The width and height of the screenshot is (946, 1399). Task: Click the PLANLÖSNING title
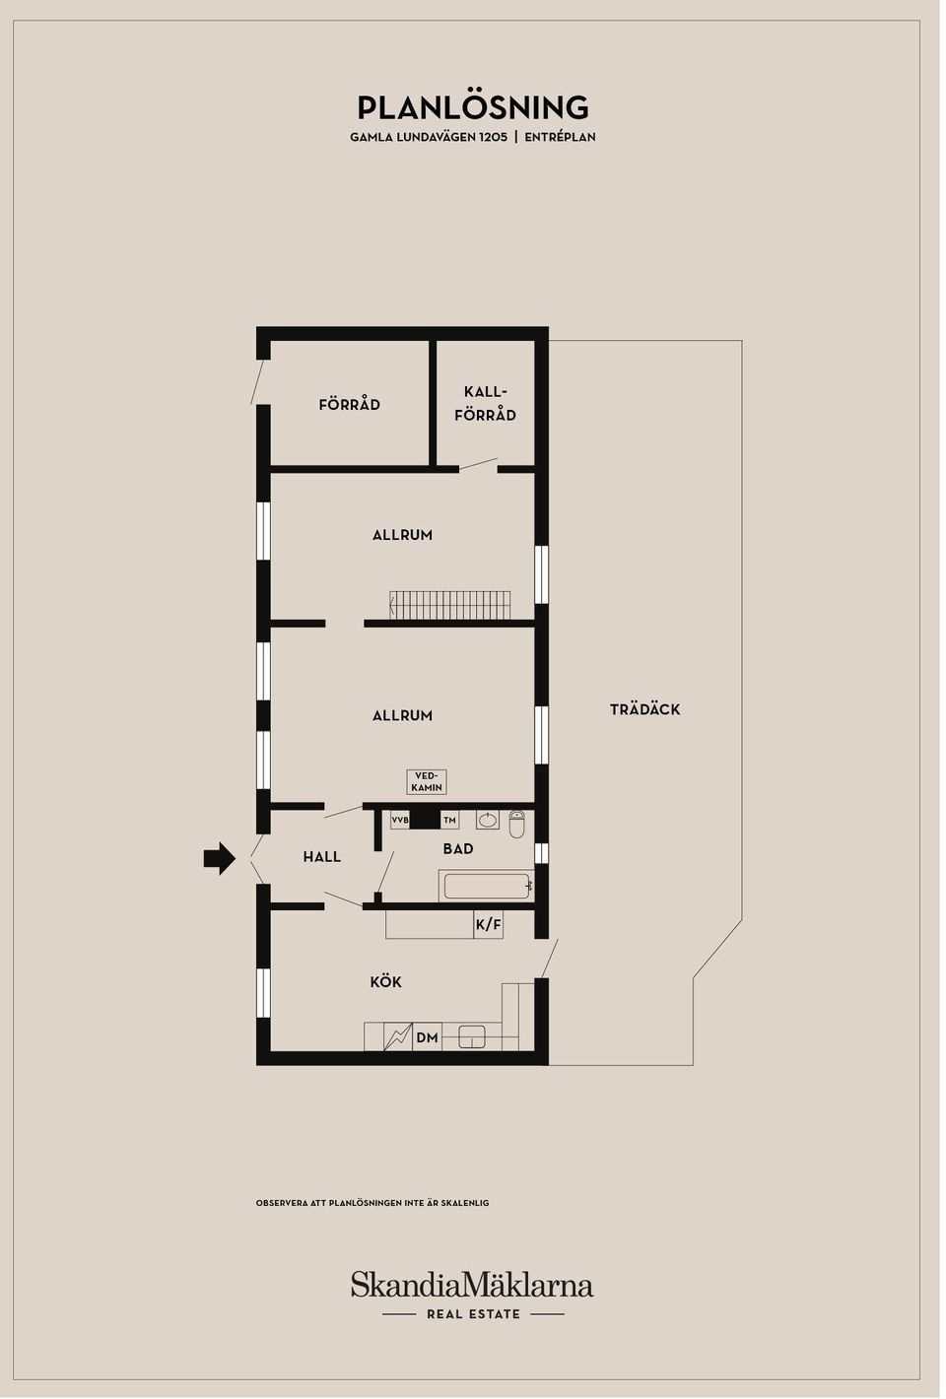click(472, 107)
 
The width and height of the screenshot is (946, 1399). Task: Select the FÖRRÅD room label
click(349, 404)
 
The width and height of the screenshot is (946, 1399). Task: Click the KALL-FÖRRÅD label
click(485, 404)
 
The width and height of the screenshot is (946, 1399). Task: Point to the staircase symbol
click(449, 605)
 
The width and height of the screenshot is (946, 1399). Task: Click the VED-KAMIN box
click(427, 782)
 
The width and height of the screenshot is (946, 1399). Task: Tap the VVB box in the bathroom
click(400, 820)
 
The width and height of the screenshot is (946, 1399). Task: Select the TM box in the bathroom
click(450, 820)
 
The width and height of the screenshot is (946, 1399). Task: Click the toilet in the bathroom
click(516, 825)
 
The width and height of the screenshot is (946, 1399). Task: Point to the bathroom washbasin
click(488, 820)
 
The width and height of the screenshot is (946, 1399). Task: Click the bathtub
click(486, 886)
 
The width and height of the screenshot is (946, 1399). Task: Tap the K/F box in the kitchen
click(489, 924)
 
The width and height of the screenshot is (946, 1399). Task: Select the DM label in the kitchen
click(428, 1038)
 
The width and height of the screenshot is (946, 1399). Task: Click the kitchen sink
click(472, 1037)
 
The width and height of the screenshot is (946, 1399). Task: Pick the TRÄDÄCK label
click(644, 709)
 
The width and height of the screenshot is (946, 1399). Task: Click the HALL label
click(322, 857)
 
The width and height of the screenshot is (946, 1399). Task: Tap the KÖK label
click(385, 982)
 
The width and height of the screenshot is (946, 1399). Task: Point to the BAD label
click(458, 849)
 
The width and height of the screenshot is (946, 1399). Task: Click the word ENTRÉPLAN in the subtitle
click(560, 137)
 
